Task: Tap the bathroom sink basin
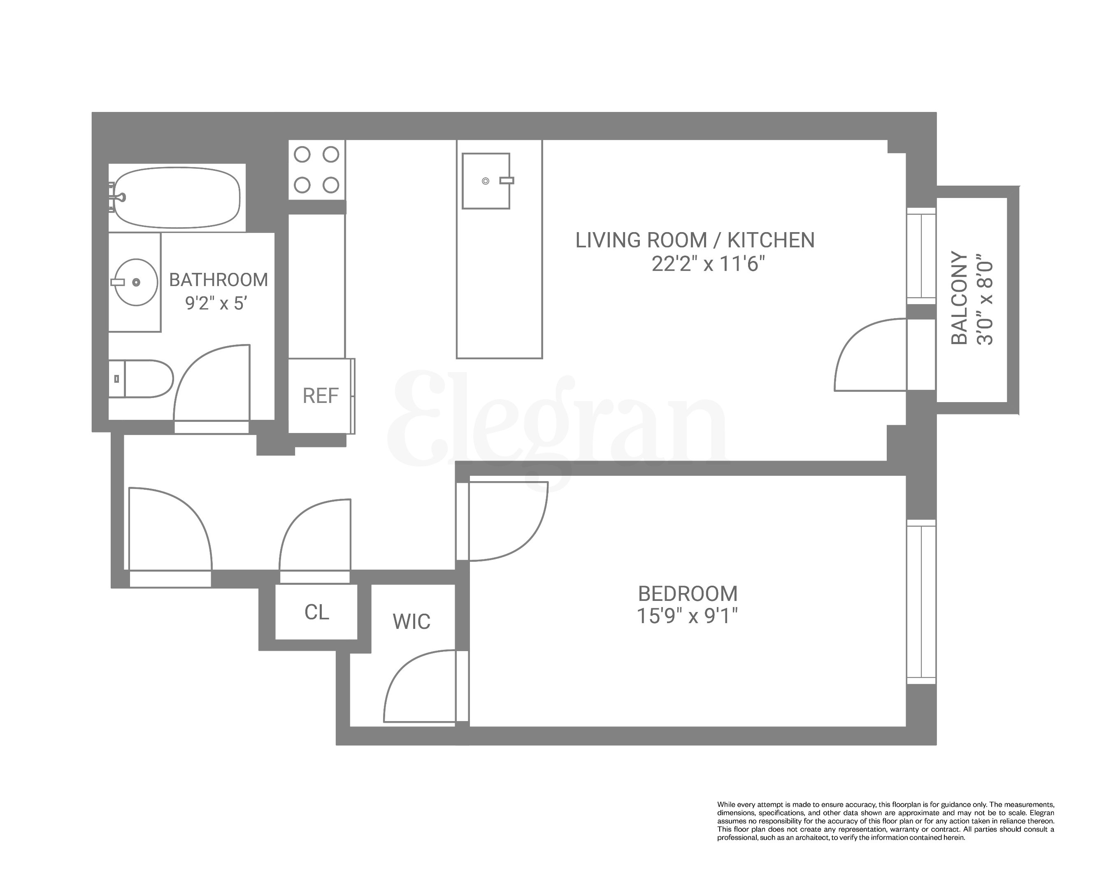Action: [135, 282]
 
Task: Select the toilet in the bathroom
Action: [142, 379]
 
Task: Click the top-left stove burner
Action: [302, 155]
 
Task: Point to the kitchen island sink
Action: [486, 181]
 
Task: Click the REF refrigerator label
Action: [321, 396]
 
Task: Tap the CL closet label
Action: [316, 612]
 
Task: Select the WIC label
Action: [411, 621]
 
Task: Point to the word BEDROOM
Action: [688, 594]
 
